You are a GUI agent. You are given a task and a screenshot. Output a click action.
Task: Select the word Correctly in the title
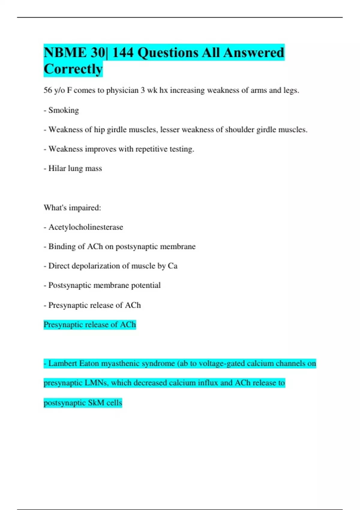pos(73,69)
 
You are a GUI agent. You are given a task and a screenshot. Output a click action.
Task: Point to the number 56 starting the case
pos(48,90)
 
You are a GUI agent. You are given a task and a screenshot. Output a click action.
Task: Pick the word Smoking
pos(64,110)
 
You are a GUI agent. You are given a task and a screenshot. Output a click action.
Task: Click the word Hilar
pos(57,168)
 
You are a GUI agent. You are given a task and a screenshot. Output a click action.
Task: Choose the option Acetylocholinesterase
pos(85,227)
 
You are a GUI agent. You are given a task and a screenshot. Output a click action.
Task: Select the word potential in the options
pos(146,285)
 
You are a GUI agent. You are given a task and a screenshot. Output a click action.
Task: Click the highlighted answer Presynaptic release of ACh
pos(90,325)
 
